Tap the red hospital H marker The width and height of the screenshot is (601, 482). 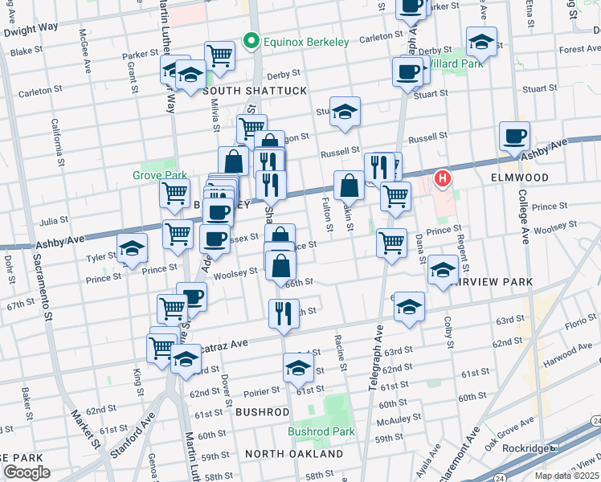tap(440, 178)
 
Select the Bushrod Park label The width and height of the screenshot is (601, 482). tap(321, 431)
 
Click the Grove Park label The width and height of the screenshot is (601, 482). tap(160, 175)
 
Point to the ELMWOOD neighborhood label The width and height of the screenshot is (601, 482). tap(520, 178)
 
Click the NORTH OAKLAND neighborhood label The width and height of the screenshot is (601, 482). tap(293, 454)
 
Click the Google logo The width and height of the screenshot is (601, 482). tap(26, 472)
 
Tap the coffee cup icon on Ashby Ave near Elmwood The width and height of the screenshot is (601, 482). tap(513, 136)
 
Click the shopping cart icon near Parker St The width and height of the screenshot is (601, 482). tap(219, 55)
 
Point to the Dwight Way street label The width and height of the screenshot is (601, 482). tap(31, 28)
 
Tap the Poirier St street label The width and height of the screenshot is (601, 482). tap(261, 390)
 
